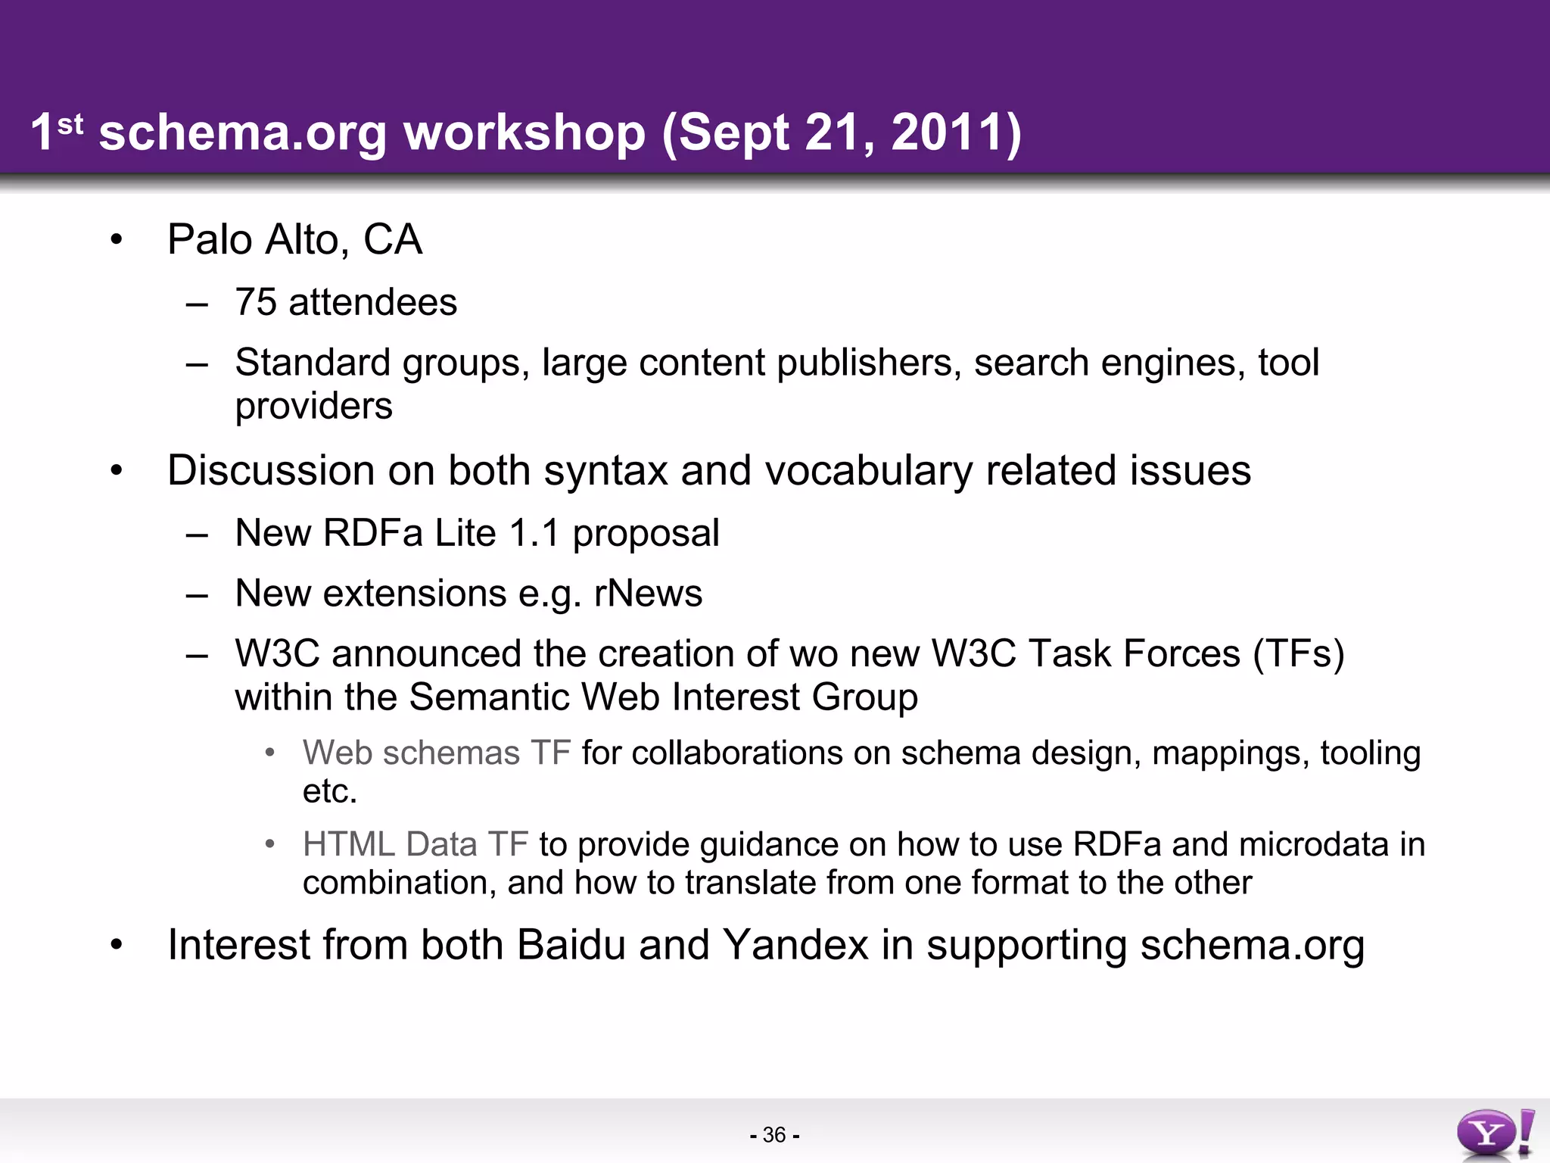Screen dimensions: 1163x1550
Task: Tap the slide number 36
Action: tap(774, 1135)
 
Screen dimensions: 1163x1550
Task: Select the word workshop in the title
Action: tap(524, 133)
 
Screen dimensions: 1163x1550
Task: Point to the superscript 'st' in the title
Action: tap(70, 123)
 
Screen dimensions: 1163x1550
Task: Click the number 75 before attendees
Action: tap(256, 302)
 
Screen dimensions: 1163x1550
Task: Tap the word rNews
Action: tap(648, 593)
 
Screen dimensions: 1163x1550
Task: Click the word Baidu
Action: tap(571, 945)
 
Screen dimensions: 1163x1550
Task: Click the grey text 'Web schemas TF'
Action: tap(436, 753)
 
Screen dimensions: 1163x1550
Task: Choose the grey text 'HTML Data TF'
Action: tap(415, 844)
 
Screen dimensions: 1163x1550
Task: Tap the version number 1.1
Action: tap(534, 533)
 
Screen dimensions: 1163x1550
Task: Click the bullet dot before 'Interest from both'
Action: tap(116, 945)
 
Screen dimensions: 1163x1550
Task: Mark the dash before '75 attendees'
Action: tap(197, 304)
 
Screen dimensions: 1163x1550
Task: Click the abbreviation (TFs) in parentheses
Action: tap(1299, 653)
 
